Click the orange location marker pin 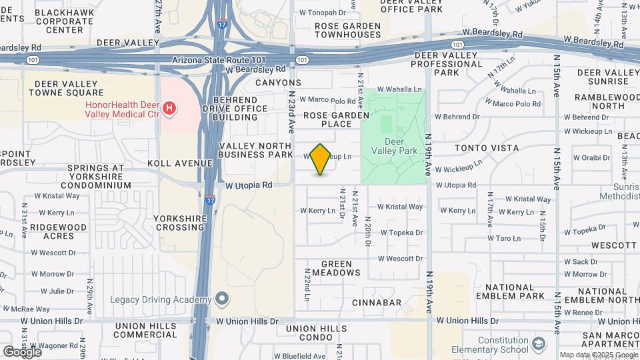pyautogui.click(x=321, y=159)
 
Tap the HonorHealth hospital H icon pyautogui.click(x=169, y=107)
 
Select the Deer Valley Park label pyautogui.click(x=401, y=146)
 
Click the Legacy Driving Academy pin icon pyautogui.click(x=222, y=299)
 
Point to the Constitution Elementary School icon pyautogui.click(x=539, y=344)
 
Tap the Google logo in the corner pyautogui.click(x=22, y=351)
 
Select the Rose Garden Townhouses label pyautogui.click(x=347, y=30)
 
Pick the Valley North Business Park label pyautogui.click(x=255, y=151)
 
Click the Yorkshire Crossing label pyautogui.click(x=179, y=223)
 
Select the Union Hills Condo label pyautogui.click(x=319, y=333)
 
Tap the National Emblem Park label pyautogui.click(x=515, y=291)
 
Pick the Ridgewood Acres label pyautogui.click(x=59, y=231)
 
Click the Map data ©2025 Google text pyautogui.click(x=598, y=355)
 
